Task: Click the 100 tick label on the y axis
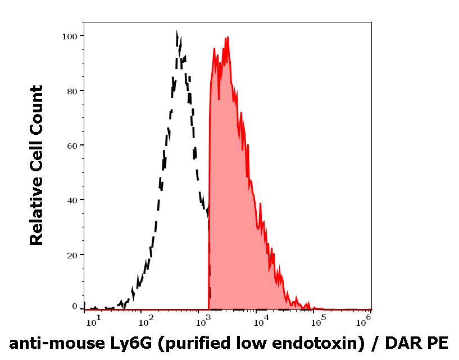[x=69, y=36]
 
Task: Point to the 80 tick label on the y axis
[x=71, y=90]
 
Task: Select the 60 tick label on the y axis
[x=71, y=145]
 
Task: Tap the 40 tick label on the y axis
[x=71, y=200]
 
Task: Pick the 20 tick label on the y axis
[x=71, y=254]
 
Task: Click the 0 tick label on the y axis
[x=74, y=307]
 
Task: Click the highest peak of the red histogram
[x=228, y=38]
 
